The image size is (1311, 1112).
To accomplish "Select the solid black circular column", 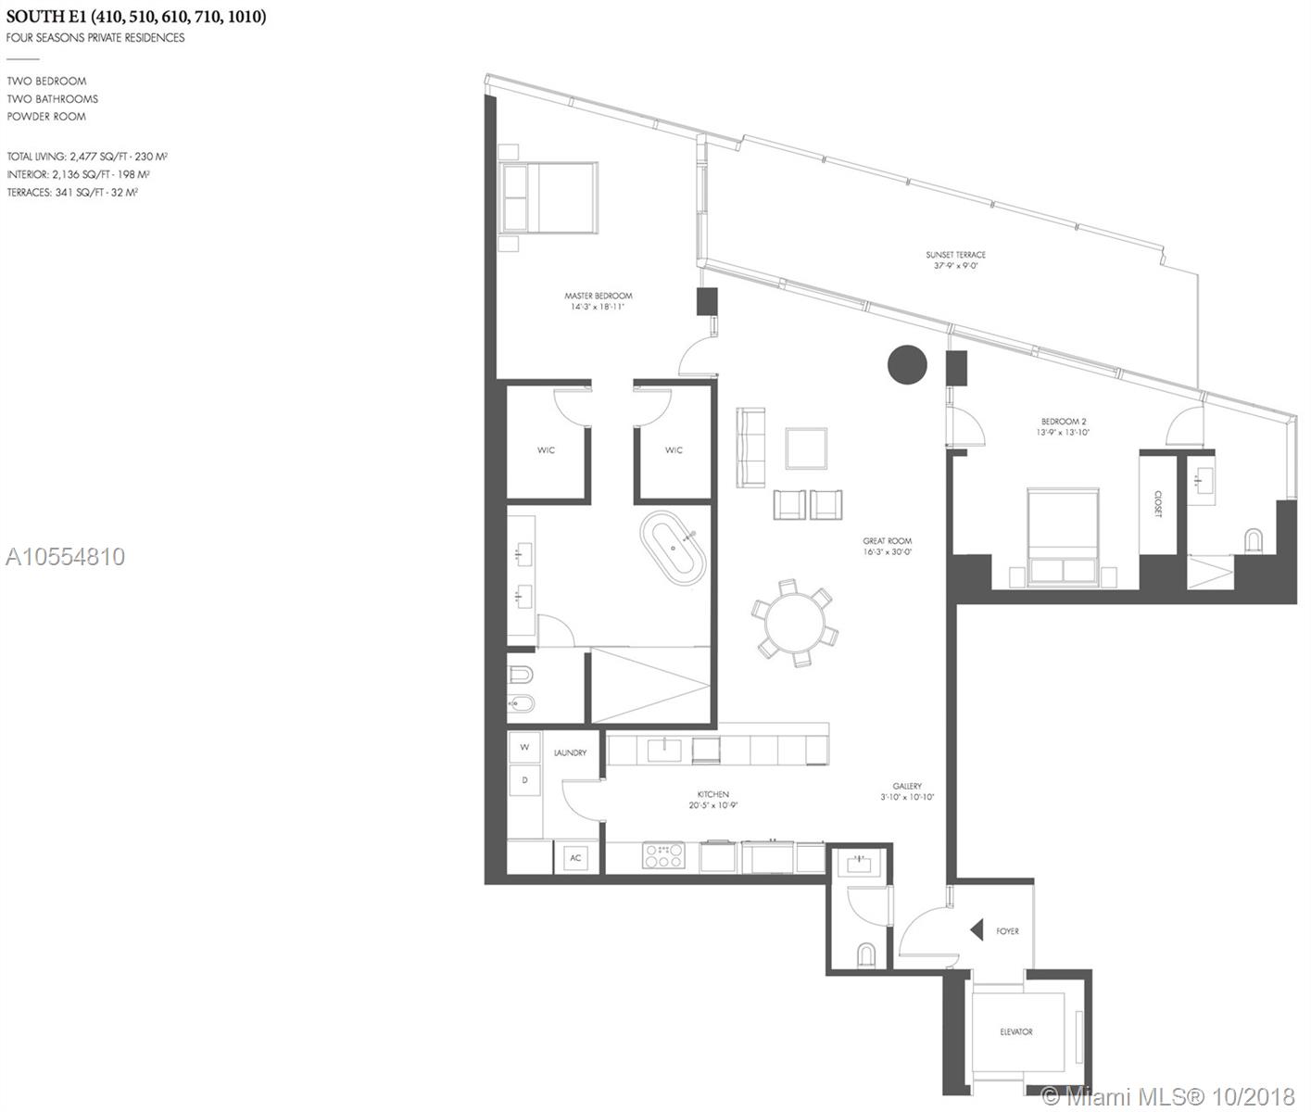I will (907, 365).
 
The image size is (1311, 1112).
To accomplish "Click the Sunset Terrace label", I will (955, 259).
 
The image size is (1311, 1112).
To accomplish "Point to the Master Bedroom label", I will (598, 301).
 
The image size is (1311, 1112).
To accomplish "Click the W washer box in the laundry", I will (524, 747).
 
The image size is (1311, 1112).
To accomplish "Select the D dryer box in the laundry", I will (524, 780).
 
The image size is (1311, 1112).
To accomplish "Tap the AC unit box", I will (575, 858).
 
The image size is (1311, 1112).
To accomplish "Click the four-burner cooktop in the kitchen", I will (663, 856).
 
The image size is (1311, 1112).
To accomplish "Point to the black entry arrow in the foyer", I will (976, 929).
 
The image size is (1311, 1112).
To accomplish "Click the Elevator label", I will (1015, 1031).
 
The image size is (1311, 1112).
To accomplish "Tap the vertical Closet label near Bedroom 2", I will (1157, 504).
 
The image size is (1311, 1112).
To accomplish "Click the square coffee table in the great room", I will (806, 449).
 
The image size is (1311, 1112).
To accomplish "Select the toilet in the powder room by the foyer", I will (865, 954).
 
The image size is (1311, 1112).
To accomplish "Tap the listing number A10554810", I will (65, 557).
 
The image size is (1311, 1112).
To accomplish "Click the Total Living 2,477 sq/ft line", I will (87, 157).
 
